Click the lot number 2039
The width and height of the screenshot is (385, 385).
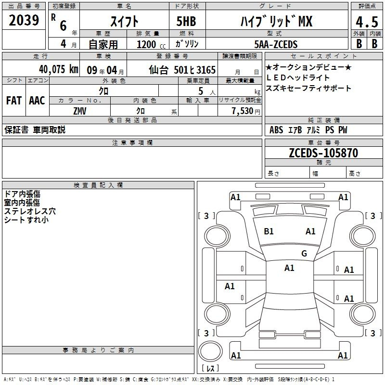(24, 20)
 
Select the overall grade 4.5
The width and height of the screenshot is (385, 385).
(367, 22)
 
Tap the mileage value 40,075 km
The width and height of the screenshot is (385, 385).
(59, 69)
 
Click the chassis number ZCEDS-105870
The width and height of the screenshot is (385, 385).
(323, 153)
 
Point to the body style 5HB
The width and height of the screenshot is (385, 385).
(186, 21)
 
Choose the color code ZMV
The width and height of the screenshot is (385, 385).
(80, 111)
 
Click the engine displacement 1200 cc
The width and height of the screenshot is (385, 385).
(151, 44)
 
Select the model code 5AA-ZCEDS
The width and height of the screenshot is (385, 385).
(276, 44)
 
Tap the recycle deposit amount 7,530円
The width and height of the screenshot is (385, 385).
(246, 111)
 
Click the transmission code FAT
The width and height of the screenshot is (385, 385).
(14, 101)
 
